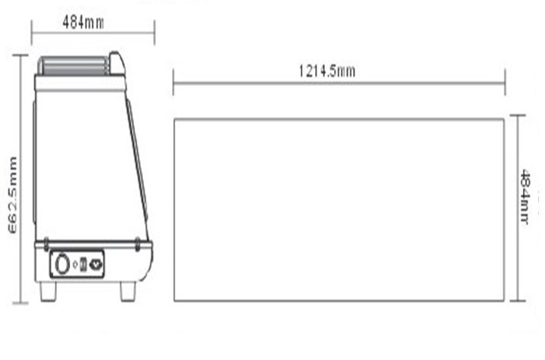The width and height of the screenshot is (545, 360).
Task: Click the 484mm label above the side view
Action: click(x=83, y=22)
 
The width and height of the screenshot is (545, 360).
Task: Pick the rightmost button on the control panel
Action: click(x=96, y=265)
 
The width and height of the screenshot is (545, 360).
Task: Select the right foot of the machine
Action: click(x=128, y=291)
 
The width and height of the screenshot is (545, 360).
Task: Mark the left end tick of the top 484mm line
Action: click(x=31, y=33)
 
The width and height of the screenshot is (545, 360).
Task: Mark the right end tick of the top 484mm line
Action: click(x=155, y=33)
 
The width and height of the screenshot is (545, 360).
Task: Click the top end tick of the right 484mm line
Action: click(x=518, y=115)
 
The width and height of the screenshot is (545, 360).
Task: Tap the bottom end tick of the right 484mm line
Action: click(x=518, y=301)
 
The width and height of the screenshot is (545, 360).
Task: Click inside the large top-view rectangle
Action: click(x=339, y=209)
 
